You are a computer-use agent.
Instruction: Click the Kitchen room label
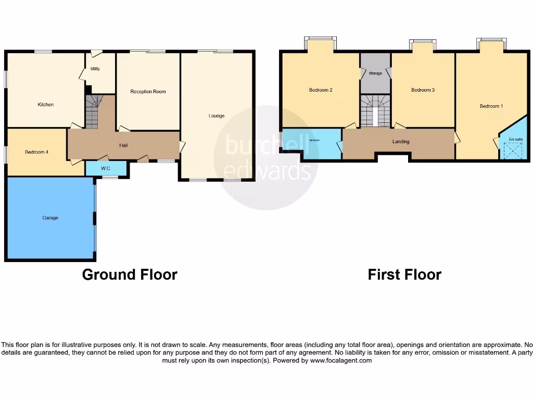coord(46,105)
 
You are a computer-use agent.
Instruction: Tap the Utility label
coord(95,69)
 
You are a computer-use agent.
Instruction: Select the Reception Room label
coord(148,92)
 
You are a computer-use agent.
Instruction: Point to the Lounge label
coord(217,116)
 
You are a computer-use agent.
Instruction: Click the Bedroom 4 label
coord(37,152)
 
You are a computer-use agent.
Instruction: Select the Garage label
coord(50,218)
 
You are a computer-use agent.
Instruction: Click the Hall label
coord(123,145)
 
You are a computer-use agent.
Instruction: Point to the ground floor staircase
coord(92,111)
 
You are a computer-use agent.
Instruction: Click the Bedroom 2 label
coord(321,90)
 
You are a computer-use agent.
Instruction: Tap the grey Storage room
coord(375,73)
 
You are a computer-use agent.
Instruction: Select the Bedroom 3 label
coord(423,90)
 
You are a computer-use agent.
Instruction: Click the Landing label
coord(401,142)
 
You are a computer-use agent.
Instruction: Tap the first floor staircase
coord(375,110)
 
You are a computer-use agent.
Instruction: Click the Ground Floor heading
coord(130,274)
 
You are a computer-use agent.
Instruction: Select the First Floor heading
coord(404,274)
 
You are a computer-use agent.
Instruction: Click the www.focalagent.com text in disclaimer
coord(340,360)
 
